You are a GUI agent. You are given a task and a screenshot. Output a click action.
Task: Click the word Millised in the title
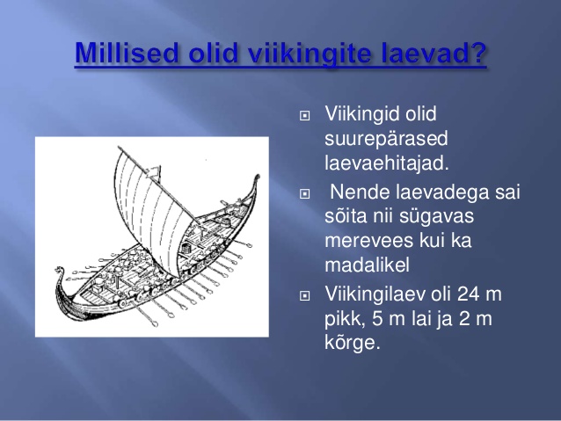click(127, 53)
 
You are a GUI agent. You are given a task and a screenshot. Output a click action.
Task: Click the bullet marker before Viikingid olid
click(304, 116)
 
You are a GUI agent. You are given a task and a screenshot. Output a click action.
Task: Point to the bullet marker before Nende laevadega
click(304, 194)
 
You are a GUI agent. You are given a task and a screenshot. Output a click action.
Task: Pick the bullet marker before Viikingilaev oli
click(304, 296)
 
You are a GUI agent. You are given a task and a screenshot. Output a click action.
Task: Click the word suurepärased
click(386, 140)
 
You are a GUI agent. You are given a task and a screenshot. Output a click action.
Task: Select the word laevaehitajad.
click(386, 163)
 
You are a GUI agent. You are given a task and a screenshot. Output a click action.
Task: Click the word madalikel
click(367, 265)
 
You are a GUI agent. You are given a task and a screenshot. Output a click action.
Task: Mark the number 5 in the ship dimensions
click(377, 319)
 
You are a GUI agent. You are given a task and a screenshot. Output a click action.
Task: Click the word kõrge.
click(352, 344)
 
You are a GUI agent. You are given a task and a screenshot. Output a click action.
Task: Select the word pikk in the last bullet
click(344, 319)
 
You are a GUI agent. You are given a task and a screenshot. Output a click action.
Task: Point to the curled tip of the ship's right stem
click(257, 178)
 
